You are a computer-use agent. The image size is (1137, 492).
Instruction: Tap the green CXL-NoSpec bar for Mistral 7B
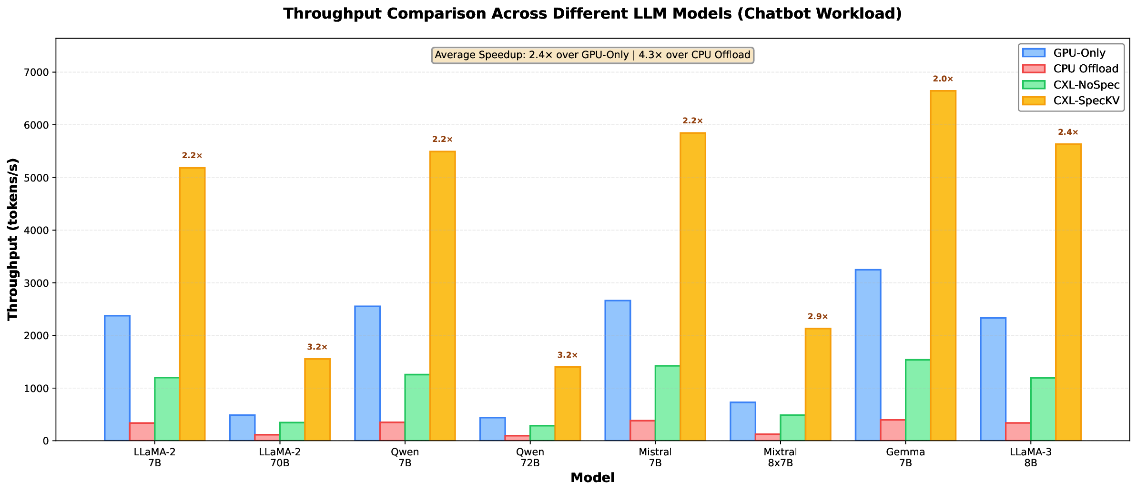[668, 403]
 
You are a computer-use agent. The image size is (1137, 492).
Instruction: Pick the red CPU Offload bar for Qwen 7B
[392, 431]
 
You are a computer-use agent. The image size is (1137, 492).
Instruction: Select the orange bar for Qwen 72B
[568, 403]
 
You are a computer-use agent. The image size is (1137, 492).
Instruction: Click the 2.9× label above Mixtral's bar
[818, 317]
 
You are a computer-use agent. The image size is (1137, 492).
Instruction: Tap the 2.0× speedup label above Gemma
[943, 79]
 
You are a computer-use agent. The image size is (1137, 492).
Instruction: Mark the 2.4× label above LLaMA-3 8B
[1068, 132]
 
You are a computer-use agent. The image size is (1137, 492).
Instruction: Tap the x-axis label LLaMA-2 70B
[280, 458]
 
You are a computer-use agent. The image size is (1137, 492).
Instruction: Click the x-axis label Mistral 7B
[655, 458]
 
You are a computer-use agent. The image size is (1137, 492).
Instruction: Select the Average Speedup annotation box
[592, 55]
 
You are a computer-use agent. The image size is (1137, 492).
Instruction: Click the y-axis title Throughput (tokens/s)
[13, 239]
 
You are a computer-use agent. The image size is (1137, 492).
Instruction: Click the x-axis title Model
[592, 478]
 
